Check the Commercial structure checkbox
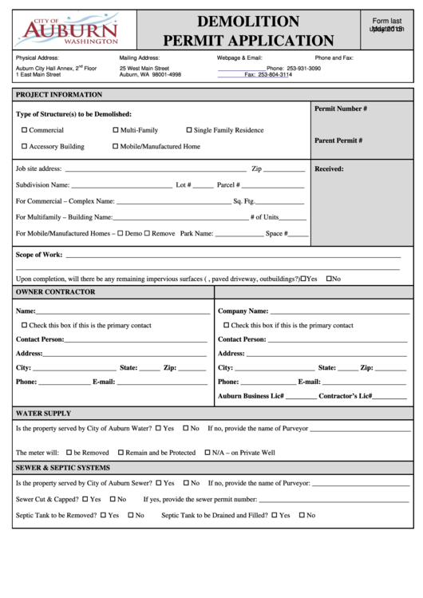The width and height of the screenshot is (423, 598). [24, 130]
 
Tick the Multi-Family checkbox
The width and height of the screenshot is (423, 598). [116, 130]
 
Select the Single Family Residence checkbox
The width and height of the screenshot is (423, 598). [189, 130]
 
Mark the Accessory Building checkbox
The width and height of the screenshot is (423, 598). [24, 147]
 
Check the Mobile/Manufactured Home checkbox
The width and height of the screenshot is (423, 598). [116, 147]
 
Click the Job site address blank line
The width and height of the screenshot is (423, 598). [155, 169]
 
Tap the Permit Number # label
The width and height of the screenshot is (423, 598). [341, 108]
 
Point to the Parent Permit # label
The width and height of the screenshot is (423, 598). [338, 141]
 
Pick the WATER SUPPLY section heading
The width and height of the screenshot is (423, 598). [43, 414]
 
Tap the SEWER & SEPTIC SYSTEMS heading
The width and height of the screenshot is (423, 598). [63, 468]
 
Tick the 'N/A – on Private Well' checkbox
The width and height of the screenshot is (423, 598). [207, 453]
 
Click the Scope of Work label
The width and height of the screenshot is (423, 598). [39, 255]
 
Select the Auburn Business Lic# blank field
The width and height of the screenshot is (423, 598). [301, 397]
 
